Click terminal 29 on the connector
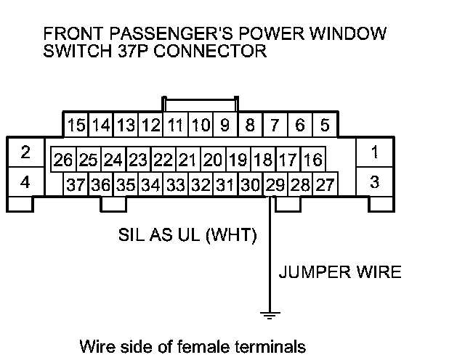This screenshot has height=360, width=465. point(275,184)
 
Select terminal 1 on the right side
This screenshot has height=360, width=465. point(374,152)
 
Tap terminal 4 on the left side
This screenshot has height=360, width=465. point(25,182)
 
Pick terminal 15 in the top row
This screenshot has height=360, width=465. point(76,125)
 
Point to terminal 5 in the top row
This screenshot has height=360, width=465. point(325,125)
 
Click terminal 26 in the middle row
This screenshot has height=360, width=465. point(63,159)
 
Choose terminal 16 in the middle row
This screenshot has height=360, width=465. point(312,159)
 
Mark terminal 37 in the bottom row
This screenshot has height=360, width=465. point(76,184)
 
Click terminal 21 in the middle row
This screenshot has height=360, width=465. point(187,159)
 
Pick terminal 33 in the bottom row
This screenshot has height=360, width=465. point(175,184)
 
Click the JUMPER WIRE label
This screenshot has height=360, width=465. point(339,273)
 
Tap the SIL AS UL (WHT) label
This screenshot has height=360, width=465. point(187,236)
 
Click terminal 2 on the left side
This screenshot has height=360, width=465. point(25,152)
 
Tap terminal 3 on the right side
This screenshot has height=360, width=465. point(374,182)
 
